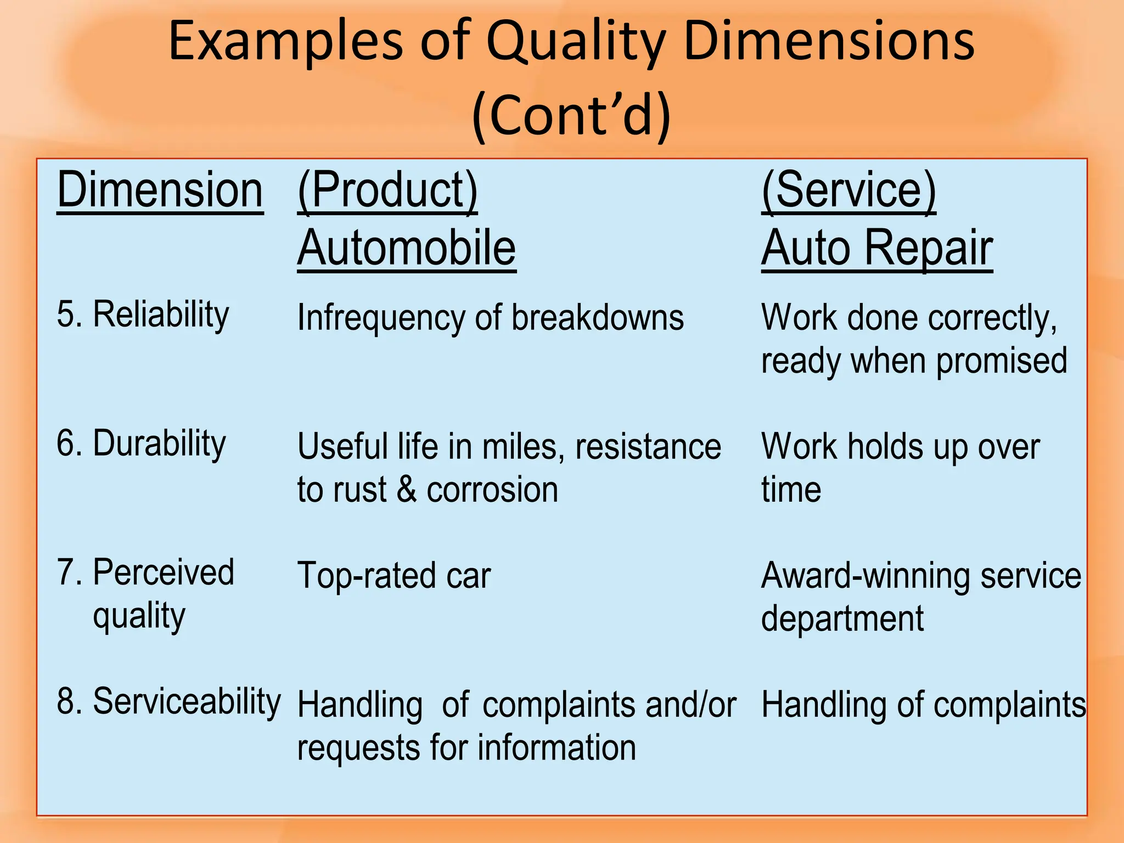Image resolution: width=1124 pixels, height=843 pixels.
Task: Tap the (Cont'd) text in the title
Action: pos(571,115)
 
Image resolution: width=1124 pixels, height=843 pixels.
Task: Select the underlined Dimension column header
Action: pos(160,190)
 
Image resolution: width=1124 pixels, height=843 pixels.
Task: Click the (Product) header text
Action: pos(387,190)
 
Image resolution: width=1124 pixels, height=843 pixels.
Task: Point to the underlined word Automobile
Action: pos(406,248)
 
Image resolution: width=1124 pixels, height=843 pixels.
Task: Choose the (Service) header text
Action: pos(848,190)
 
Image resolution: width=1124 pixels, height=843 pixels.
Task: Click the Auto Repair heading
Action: pos(876,248)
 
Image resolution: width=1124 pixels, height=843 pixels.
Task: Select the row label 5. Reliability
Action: pos(143,315)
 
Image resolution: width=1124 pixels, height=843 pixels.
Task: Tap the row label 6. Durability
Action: pos(141,443)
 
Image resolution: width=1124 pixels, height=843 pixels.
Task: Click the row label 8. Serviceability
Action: pos(168,701)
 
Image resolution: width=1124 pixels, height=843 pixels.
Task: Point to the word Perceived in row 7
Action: pos(164,572)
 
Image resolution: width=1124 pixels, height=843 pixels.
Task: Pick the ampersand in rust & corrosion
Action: pos(406,490)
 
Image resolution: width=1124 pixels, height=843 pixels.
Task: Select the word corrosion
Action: pos(492,490)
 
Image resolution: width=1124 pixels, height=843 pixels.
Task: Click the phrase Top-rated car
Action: pos(394,576)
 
